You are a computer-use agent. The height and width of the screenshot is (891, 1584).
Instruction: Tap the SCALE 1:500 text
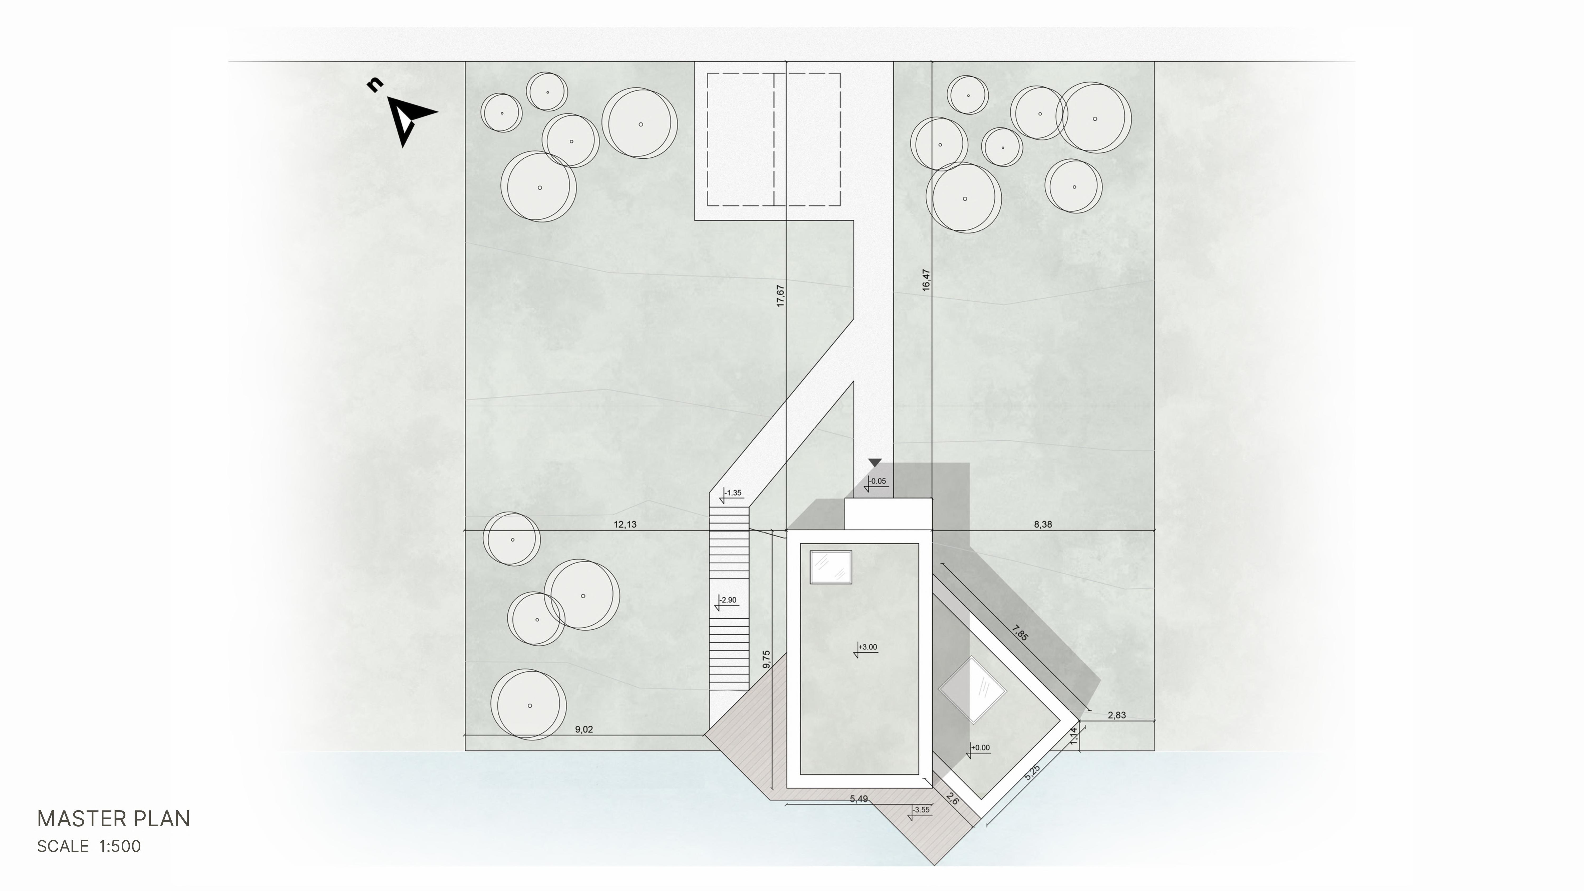(89, 847)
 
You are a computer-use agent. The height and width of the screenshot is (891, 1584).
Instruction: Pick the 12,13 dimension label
(625, 525)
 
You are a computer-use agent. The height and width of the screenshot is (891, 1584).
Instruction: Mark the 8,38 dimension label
(1043, 525)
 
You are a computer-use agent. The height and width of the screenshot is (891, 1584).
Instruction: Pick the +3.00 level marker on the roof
(866, 648)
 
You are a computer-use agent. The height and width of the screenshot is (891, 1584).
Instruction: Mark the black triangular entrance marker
(874, 463)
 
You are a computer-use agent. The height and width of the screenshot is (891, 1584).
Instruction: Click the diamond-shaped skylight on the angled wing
(972, 690)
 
